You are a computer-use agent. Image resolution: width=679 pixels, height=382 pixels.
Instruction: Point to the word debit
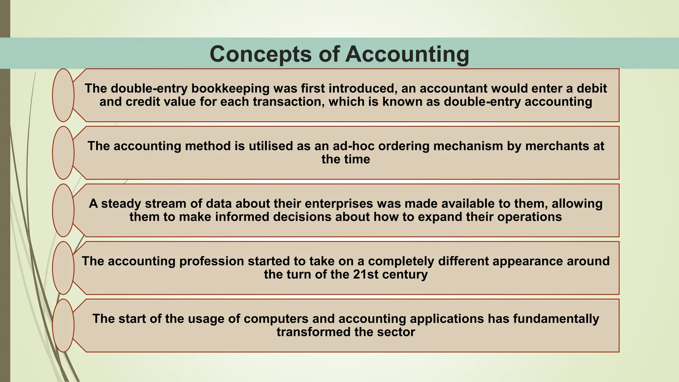pyautogui.click(x=591, y=89)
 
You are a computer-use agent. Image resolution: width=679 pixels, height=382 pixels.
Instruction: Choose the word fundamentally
pyautogui.click(x=556, y=319)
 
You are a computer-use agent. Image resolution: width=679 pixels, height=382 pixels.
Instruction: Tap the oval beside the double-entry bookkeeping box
pyautogui.click(x=63, y=95)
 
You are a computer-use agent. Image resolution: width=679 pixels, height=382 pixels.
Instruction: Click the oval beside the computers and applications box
pyautogui.click(x=63, y=325)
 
